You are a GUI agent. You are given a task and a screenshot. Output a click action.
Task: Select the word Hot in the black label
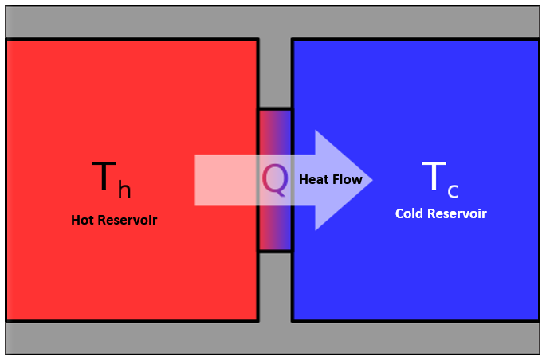[x=84, y=220]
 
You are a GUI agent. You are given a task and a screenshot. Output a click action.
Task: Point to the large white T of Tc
[x=433, y=176]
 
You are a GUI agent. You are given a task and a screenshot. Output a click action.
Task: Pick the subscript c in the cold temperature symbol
[x=453, y=191]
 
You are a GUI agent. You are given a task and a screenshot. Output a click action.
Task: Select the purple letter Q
[x=275, y=179]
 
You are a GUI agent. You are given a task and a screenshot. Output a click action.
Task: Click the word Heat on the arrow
[x=314, y=180]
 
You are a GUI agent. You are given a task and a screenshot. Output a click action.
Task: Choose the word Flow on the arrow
[x=348, y=180]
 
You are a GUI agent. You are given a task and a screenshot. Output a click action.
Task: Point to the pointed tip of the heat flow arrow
[x=371, y=180]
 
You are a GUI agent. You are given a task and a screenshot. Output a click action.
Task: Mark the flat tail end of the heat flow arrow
[x=197, y=180]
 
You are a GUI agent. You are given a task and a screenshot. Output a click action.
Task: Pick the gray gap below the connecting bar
[x=275, y=287]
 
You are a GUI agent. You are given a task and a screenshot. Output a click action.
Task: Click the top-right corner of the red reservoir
[x=257, y=40]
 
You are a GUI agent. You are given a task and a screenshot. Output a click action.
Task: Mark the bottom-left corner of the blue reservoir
[x=293, y=320]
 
